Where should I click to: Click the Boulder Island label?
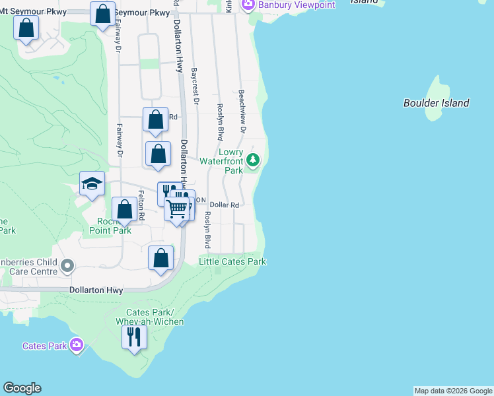pyautogui.click(x=436, y=103)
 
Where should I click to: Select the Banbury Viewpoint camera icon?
pyautogui.click(x=248, y=5)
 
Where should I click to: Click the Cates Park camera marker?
pyautogui.click(x=77, y=345)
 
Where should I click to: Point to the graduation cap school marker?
pyautogui.click(x=92, y=184)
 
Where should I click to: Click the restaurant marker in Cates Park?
pyautogui.click(x=134, y=337)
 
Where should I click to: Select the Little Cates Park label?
pyautogui.click(x=232, y=262)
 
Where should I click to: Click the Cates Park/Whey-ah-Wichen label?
pyautogui.click(x=149, y=317)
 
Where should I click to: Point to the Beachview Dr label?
pyautogui.click(x=242, y=112)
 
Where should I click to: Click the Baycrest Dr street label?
pyautogui.click(x=195, y=86)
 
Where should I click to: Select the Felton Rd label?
pyautogui.click(x=141, y=205)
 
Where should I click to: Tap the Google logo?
pyautogui.click(x=22, y=388)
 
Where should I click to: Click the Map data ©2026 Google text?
pyautogui.click(x=453, y=391)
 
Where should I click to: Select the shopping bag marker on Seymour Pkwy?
pyautogui.click(x=103, y=14)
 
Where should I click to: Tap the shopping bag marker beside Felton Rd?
pyautogui.click(x=124, y=210)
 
